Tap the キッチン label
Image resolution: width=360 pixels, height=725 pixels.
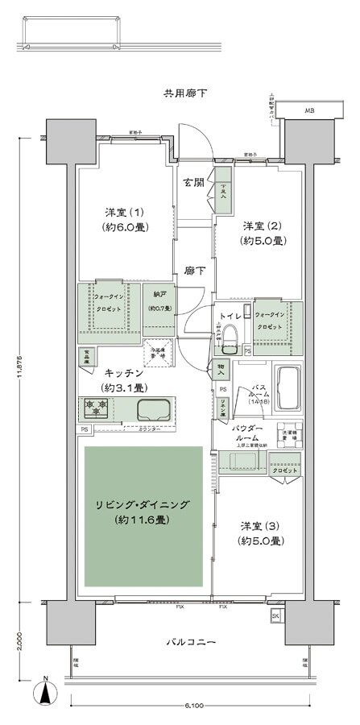tap(124, 374)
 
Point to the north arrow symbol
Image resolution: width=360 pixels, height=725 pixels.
tap(48, 690)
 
